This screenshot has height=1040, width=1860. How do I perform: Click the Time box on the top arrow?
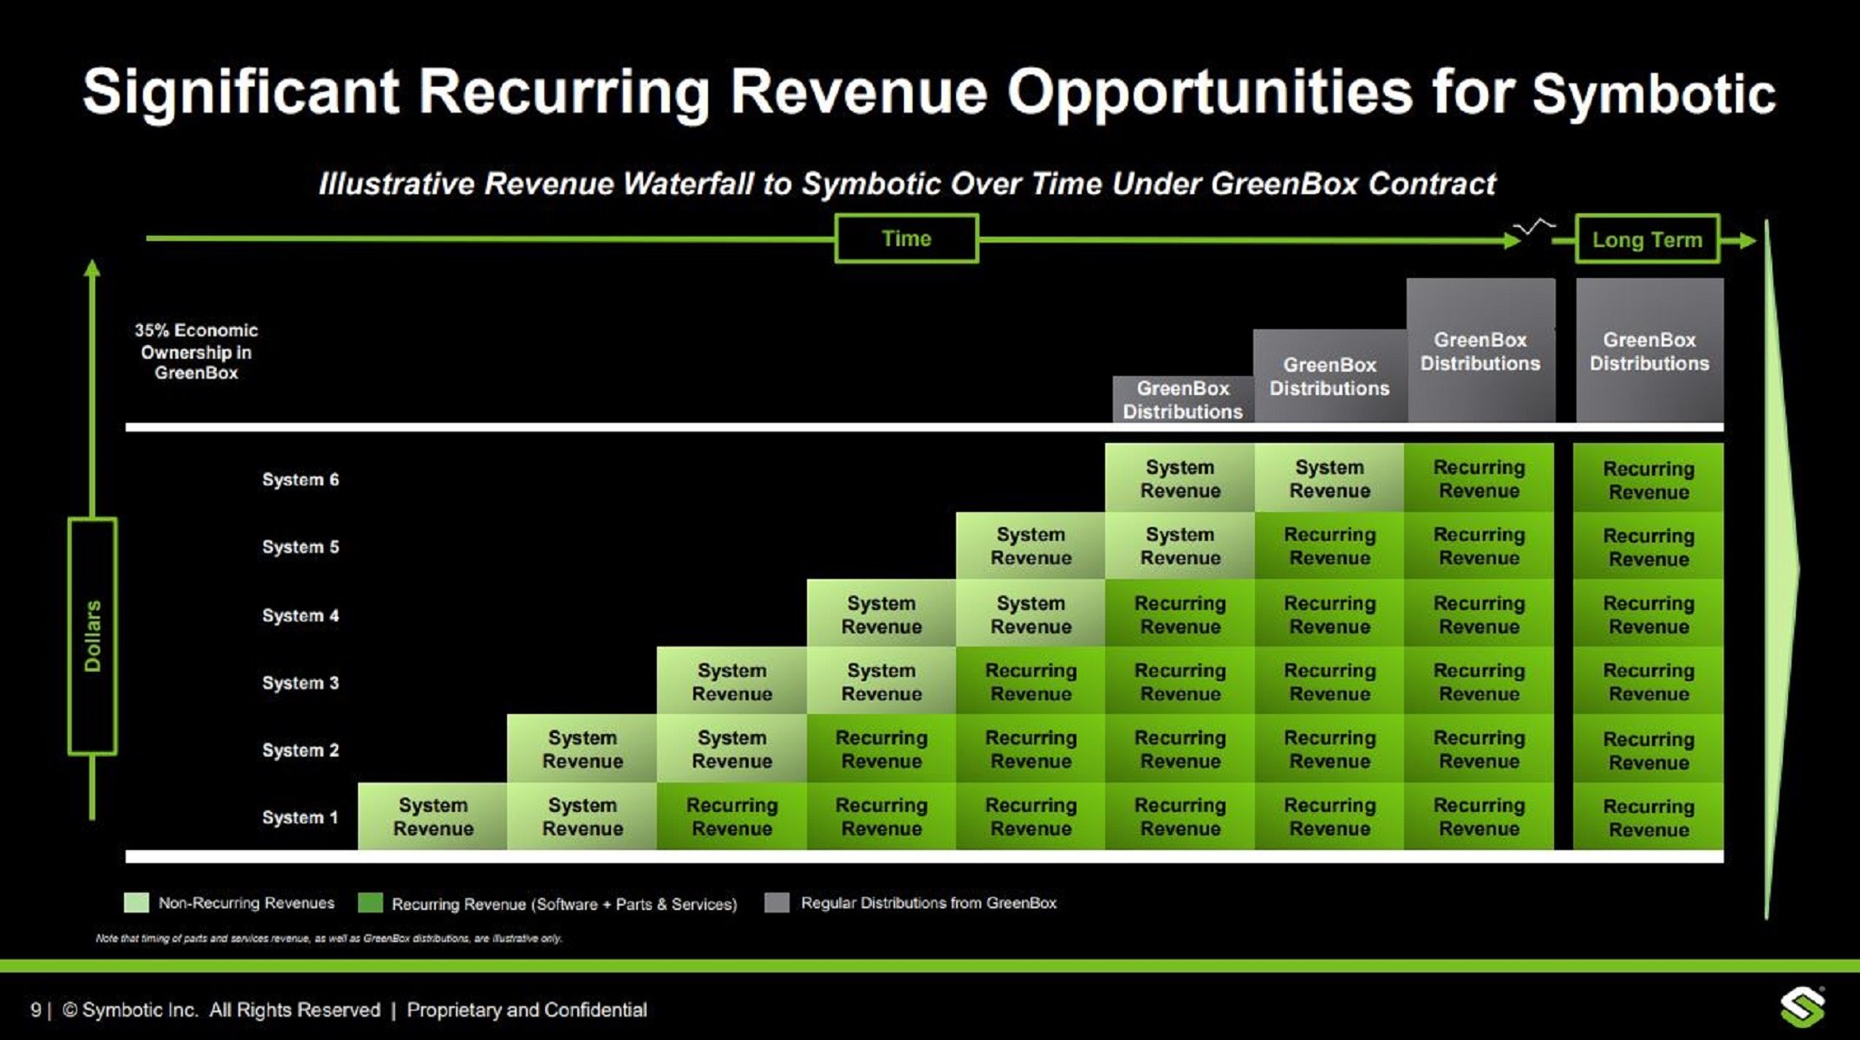click(x=907, y=238)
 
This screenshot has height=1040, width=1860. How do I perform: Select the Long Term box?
click(x=1647, y=239)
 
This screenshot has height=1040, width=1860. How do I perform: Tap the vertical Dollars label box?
click(x=93, y=635)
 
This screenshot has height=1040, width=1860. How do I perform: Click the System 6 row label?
click(x=300, y=479)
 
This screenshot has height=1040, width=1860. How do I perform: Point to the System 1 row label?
click(x=300, y=817)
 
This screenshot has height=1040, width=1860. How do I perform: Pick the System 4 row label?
click(x=300, y=615)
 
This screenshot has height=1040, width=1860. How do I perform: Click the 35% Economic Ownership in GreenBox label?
click(x=196, y=351)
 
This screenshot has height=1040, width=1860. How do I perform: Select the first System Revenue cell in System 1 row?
click(x=432, y=816)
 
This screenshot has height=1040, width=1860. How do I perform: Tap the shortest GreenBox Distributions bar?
click(x=1182, y=400)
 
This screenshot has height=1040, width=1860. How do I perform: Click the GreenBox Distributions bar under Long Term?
click(x=1649, y=351)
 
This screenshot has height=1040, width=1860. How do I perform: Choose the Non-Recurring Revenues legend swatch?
click(x=136, y=903)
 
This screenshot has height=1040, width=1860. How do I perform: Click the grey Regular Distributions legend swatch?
click(x=777, y=903)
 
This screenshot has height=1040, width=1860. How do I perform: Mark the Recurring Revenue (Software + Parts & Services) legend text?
click(x=563, y=904)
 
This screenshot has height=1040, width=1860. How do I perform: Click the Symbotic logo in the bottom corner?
click(x=1803, y=1008)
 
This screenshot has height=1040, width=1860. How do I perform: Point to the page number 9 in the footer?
click(x=36, y=1010)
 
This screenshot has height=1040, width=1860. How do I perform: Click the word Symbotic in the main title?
click(x=1654, y=94)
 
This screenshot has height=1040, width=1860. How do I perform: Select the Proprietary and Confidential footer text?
click(x=527, y=1010)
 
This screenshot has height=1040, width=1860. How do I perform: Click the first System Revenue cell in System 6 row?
click(x=1180, y=478)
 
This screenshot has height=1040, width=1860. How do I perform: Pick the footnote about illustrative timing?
click(x=328, y=938)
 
